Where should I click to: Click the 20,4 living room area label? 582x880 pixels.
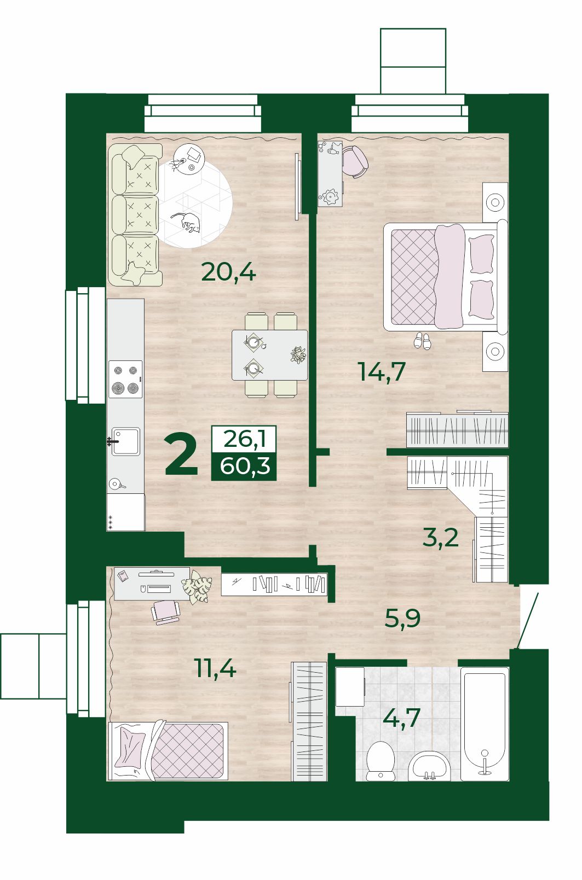(228, 272)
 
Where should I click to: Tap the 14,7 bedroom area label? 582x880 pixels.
(382, 371)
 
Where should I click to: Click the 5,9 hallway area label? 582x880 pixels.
(402, 619)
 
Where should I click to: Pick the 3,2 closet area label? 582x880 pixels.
(440, 537)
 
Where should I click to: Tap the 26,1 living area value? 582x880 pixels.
(244, 439)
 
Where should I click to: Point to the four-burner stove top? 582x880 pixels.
(125, 379)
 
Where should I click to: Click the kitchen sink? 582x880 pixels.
(124, 441)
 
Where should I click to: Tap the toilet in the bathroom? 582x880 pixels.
(381, 761)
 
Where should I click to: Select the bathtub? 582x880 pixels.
(485, 724)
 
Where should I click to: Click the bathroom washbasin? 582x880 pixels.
(428, 766)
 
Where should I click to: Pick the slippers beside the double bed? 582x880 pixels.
(422, 340)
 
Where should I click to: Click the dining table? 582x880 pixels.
(270, 355)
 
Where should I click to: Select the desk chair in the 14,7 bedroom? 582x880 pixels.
(355, 161)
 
